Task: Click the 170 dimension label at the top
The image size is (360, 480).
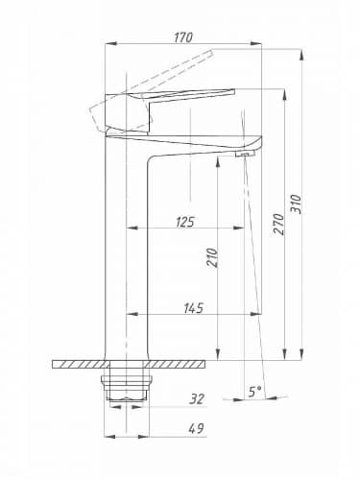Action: [x=183, y=37]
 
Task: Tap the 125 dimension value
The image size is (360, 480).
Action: [x=185, y=222]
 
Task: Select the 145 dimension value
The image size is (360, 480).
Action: [x=194, y=308]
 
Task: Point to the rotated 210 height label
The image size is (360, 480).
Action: [x=212, y=257]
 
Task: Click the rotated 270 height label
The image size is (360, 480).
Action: [x=278, y=224]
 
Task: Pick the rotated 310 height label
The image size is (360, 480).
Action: [x=296, y=204]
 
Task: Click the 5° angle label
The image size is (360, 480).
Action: [x=255, y=391]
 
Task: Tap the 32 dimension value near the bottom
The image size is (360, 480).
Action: [x=197, y=399]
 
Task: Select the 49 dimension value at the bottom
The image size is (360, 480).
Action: [x=196, y=428]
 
